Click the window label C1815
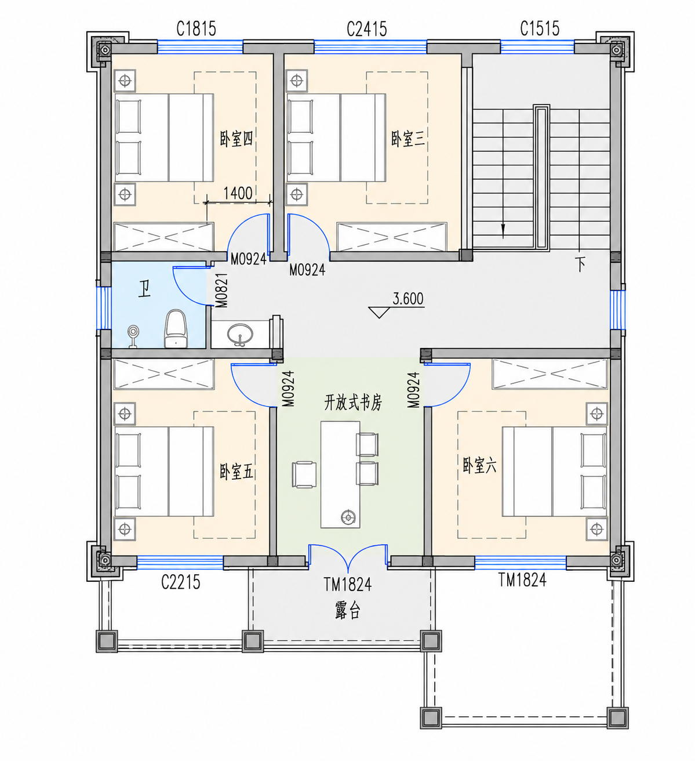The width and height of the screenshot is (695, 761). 196,29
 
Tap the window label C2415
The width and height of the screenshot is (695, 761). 367,29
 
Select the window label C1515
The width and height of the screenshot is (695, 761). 540,28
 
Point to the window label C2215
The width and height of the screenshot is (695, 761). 180,582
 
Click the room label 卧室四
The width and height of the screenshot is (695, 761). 236,139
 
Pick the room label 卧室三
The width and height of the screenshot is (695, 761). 408,139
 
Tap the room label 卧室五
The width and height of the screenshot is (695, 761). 236,472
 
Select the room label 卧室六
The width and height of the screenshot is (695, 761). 479,466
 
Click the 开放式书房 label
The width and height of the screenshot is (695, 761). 352,403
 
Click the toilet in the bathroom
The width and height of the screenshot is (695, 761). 176,328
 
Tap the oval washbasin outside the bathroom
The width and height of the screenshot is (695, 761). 240,334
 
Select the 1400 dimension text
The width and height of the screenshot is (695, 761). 238,193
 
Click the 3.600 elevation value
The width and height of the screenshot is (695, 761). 408,299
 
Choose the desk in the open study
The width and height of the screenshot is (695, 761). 340,474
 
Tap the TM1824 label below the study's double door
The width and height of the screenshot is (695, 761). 347,584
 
